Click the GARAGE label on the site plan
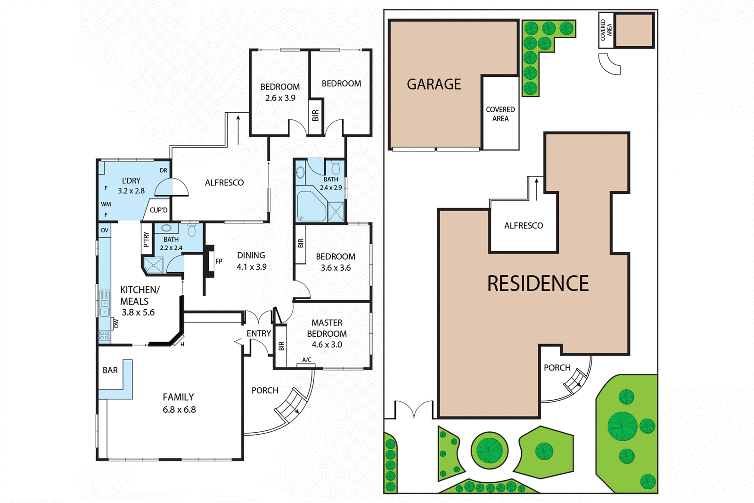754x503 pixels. [x=434, y=84]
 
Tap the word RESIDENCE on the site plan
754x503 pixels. [x=538, y=284]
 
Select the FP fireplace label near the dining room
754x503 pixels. [x=219, y=261]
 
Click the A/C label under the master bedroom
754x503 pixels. [x=307, y=360]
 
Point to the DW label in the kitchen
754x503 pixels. [x=116, y=323]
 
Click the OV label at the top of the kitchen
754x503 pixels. [x=105, y=231]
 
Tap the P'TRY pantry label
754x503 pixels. [x=146, y=239]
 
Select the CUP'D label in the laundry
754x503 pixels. [x=158, y=210]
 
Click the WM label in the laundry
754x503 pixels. [x=106, y=204]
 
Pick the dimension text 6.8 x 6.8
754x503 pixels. [x=179, y=410]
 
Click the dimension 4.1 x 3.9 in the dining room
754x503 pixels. [x=252, y=267]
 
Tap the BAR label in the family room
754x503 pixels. [x=110, y=371]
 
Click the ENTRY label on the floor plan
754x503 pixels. [x=259, y=334]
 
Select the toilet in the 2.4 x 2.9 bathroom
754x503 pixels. [x=336, y=167]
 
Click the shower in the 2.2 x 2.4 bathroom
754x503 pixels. [x=154, y=265]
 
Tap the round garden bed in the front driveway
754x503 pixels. [x=489, y=450]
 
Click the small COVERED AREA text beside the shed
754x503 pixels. [x=606, y=30]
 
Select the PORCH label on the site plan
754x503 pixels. [x=557, y=368]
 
